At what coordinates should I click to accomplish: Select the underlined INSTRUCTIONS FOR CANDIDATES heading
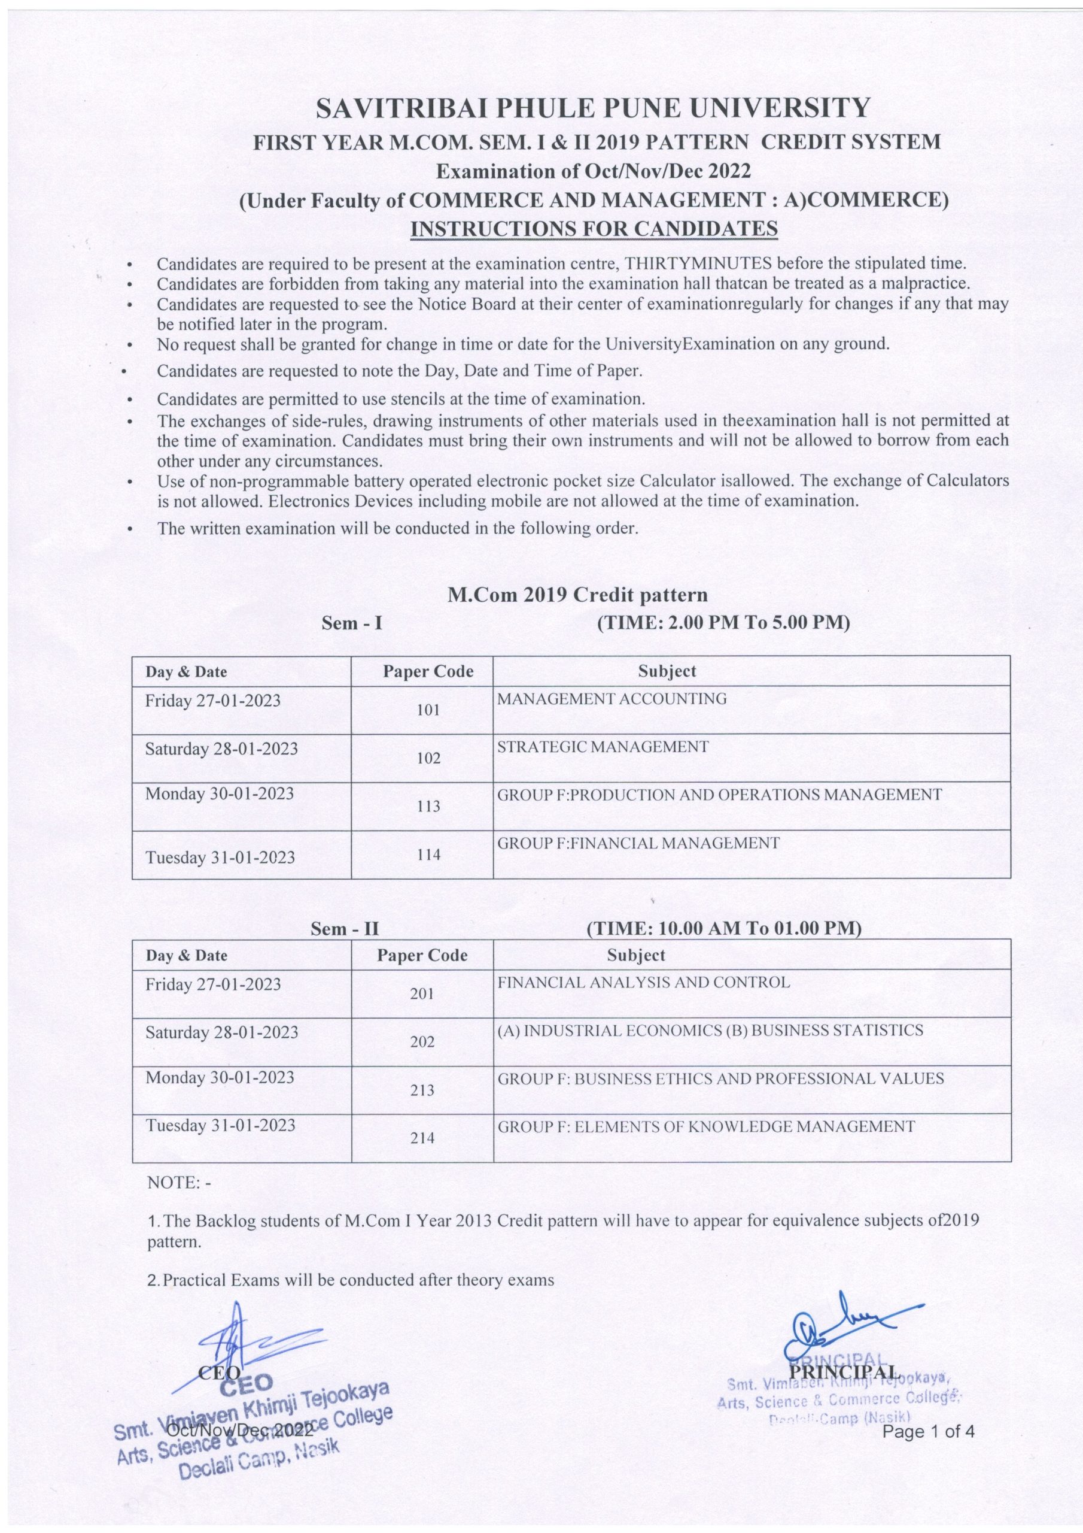tap(594, 228)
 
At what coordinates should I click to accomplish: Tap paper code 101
tap(428, 710)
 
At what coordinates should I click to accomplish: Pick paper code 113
tap(428, 806)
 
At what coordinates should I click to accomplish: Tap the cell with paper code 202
tap(422, 1041)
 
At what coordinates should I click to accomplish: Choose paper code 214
tap(422, 1138)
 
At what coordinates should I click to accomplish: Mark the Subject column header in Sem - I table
tap(667, 671)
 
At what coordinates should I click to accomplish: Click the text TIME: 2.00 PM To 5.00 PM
tap(723, 623)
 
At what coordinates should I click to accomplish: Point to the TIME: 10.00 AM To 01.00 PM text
tap(723, 929)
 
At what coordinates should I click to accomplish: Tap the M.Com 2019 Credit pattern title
tap(577, 594)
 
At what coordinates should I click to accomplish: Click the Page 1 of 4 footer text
tap(929, 1432)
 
